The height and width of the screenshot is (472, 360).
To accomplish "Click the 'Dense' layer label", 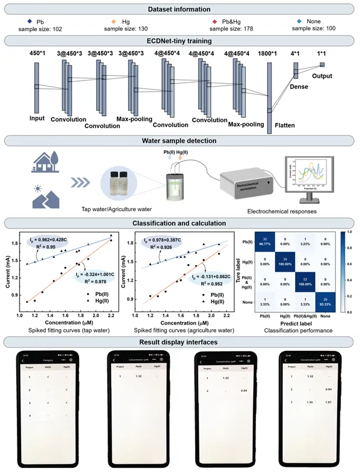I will [x=300, y=87].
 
